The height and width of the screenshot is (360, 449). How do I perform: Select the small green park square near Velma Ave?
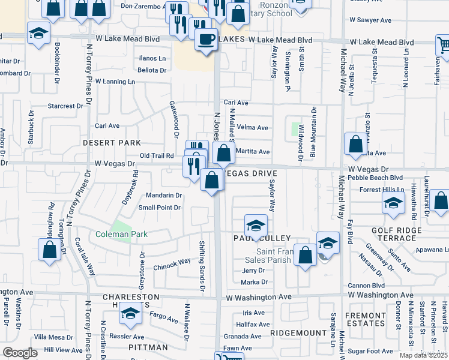coord(295,128)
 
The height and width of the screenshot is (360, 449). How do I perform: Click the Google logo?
coord(20,353)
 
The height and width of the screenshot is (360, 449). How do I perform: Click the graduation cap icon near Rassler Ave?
coord(130,313)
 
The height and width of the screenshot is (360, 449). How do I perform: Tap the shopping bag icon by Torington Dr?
coord(50,249)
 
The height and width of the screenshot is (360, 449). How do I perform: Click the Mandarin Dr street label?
coord(164,196)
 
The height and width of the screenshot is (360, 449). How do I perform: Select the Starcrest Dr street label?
coord(65,106)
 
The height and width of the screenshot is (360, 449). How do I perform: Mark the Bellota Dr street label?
coord(152,70)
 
